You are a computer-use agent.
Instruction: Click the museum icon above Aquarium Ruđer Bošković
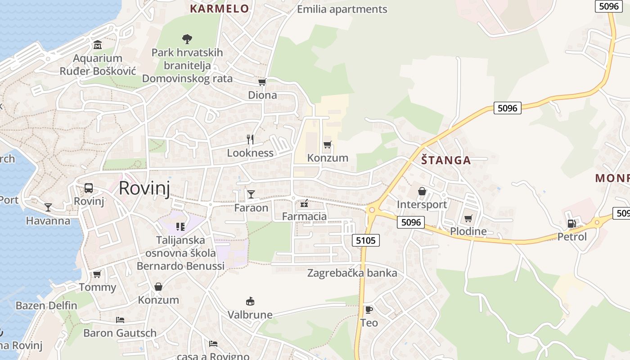coord(98,45)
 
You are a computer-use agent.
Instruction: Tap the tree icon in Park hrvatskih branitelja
coord(187,39)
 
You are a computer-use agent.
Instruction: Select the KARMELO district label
coord(219,9)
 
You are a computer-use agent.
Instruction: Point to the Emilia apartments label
coord(342,9)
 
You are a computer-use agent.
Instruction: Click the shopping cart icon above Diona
coord(262,82)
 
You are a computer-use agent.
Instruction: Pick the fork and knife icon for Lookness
coord(251,139)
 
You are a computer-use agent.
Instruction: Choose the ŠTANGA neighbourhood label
coord(446,160)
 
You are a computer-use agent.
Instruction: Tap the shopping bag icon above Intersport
coord(422,192)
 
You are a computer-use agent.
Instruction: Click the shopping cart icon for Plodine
coord(468,218)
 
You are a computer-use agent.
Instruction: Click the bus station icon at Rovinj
coord(89,188)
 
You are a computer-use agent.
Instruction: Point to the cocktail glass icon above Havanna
coord(48,207)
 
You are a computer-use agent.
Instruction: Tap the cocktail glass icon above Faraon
coord(251,194)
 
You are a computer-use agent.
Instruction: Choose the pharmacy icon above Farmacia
coord(304,203)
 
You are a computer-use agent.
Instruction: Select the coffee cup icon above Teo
coord(369,310)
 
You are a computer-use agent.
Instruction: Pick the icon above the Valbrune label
coord(250,301)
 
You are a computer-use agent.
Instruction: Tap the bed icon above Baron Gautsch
coord(120,320)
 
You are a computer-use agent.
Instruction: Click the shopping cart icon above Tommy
coord(97,274)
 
